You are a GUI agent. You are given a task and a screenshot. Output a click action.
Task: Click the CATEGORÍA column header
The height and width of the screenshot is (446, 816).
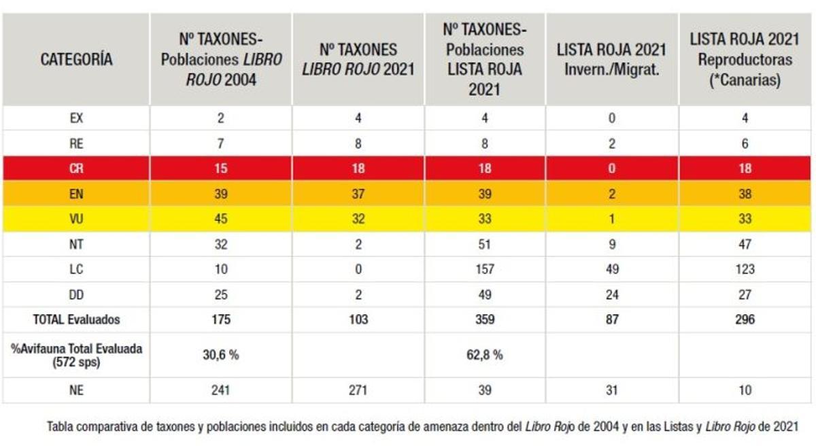point(76,60)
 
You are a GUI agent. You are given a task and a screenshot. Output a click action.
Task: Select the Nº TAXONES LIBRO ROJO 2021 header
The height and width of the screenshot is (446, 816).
point(358,60)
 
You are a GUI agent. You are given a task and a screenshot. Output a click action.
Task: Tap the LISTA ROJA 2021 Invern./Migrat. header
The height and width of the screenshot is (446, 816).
point(612,60)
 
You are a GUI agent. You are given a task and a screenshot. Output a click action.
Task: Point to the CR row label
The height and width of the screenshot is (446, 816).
point(76,169)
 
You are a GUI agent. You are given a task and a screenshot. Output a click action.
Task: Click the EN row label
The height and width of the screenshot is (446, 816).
point(76,194)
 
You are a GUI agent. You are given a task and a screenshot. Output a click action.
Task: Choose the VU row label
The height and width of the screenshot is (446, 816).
point(76,220)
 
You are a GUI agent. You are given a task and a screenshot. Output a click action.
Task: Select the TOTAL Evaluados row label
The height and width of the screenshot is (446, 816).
point(76,320)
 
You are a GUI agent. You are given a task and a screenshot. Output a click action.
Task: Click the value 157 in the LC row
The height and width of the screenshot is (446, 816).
point(484,269)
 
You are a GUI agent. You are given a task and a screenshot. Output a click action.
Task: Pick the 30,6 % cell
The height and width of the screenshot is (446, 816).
point(221,354)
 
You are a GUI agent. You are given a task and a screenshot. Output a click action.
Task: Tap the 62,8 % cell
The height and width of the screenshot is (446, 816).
point(484,354)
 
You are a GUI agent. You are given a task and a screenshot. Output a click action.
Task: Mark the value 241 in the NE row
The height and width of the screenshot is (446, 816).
point(221,390)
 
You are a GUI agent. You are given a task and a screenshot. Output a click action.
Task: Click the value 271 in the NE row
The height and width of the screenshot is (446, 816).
point(358,390)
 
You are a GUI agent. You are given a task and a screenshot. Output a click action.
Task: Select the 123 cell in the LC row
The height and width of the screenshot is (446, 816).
point(745,269)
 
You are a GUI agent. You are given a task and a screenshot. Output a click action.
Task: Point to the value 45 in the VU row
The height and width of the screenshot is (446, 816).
point(221,220)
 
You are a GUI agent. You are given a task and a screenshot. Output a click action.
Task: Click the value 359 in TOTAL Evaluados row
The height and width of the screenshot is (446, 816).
point(484,320)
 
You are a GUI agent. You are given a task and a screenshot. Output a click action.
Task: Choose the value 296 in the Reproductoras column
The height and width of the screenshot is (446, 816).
point(745,320)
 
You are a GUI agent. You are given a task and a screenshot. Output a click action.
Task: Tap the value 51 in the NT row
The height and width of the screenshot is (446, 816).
point(484,245)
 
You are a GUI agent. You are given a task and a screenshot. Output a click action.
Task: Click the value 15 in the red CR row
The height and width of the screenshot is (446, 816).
point(221,169)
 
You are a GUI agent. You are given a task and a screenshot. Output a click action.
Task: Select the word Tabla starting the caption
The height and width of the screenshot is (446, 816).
point(59,427)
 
